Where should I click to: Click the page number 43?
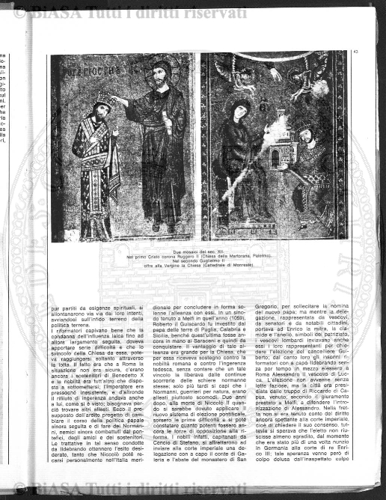(x=355, y=52)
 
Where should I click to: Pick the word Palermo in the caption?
(x=260, y=257)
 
